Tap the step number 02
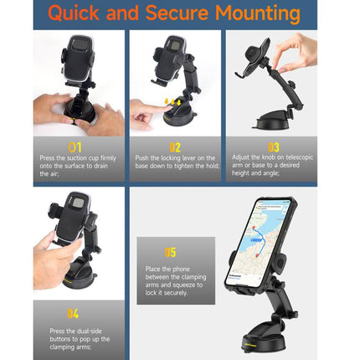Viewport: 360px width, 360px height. tap(174, 148)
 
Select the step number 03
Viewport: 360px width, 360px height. tap(272, 148)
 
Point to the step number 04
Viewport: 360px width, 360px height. tap(73, 314)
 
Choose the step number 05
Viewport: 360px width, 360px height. tap(170, 251)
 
